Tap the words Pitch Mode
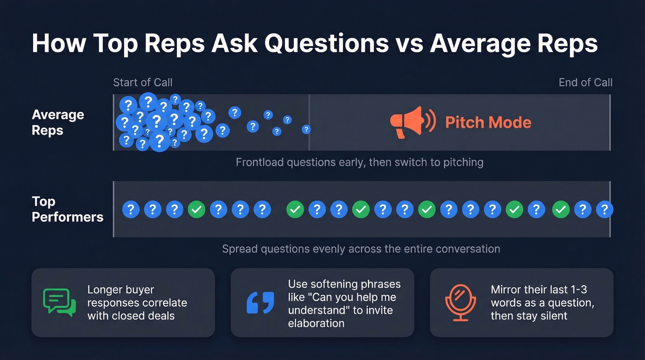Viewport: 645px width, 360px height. [x=488, y=123]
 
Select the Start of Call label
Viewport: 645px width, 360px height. [x=143, y=83]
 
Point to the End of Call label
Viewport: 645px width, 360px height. [x=585, y=83]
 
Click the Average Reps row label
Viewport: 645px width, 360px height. [x=58, y=123]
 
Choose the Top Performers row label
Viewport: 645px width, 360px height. [x=67, y=209]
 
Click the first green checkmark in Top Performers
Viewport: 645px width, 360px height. [x=197, y=210]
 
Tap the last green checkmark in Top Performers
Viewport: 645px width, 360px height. [x=561, y=210]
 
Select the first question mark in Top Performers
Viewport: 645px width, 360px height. [x=131, y=210]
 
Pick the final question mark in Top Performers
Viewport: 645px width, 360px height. [x=604, y=210]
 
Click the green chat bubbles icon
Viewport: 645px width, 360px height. [x=59, y=302]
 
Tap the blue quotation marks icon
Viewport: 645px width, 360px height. [x=260, y=302]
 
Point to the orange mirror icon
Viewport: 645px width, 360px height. [x=460, y=302]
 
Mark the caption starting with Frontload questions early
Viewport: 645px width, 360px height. [x=359, y=162]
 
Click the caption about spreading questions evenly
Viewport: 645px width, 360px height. [x=361, y=249]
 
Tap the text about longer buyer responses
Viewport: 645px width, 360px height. [x=137, y=303]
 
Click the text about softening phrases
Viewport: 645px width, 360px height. [x=344, y=303]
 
